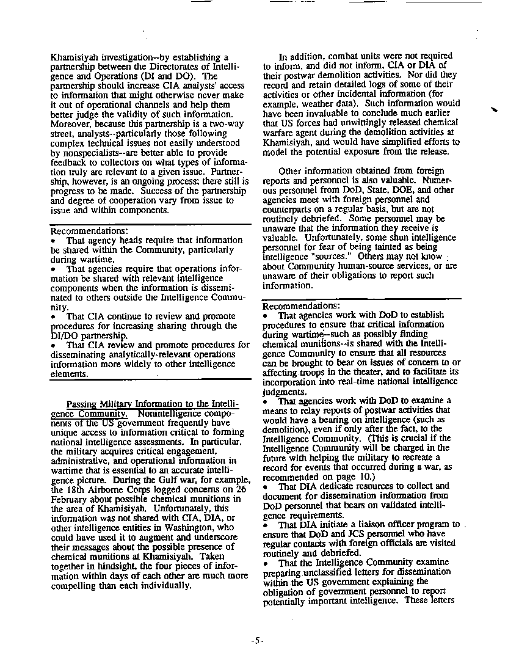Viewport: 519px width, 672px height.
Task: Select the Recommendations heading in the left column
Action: pos(89,231)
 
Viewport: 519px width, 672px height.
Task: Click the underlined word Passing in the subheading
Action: pos(82,404)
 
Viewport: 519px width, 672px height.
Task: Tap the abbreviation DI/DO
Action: pos(65,335)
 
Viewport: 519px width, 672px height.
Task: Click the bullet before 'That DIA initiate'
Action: pos(266,524)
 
